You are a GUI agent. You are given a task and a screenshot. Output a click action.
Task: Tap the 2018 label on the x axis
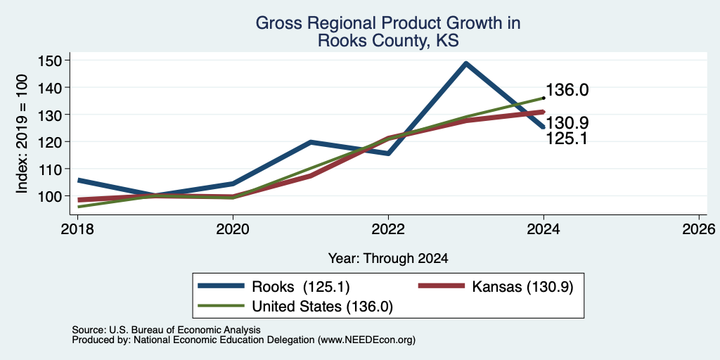(77, 229)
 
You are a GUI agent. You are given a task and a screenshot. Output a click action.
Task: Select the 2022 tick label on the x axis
(388, 229)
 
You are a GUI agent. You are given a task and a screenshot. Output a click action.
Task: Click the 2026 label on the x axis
(699, 229)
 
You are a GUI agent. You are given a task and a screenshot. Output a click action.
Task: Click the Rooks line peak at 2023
(466, 63)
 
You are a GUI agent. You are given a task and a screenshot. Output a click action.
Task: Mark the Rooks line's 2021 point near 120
(311, 142)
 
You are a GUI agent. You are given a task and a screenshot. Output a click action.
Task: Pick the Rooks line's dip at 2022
(388, 153)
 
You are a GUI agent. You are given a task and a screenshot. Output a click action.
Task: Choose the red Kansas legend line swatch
(440, 286)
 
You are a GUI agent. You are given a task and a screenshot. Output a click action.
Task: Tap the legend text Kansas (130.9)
(522, 287)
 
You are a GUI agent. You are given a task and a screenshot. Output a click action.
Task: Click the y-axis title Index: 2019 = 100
(22, 134)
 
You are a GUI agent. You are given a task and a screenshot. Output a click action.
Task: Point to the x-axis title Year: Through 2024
(388, 259)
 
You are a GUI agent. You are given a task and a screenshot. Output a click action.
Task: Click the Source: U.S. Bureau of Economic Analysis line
(166, 330)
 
